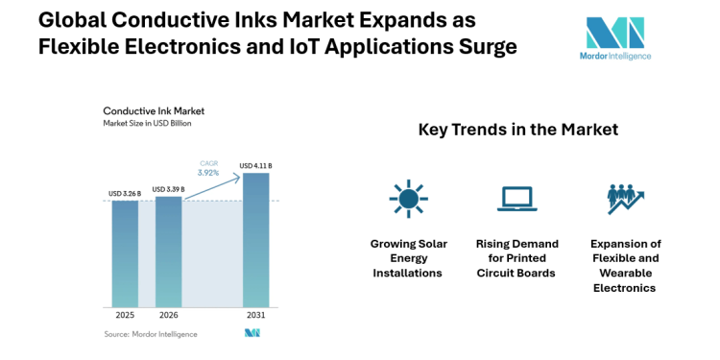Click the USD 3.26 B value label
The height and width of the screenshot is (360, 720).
pyautogui.click(x=125, y=194)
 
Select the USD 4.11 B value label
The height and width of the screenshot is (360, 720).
pyautogui.click(x=255, y=166)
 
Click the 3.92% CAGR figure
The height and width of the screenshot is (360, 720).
pyautogui.click(x=209, y=174)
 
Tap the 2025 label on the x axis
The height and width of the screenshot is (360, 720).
pyautogui.click(x=125, y=314)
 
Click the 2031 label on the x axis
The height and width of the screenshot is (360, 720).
pyautogui.click(x=255, y=314)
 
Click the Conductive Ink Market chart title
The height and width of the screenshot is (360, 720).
pyautogui.click(x=147, y=111)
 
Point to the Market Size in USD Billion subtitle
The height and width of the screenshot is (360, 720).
pyautogui.click(x=147, y=124)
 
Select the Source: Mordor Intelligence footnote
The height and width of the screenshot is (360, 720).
pyautogui.click(x=151, y=334)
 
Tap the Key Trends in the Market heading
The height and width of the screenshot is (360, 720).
pyautogui.click(x=517, y=130)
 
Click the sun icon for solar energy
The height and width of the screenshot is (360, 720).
pyautogui.click(x=407, y=199)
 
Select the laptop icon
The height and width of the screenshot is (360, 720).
pyautogui.click(x=516, y=199)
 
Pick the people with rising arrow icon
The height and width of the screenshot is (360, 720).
pyautogui.click(x=625, y=199)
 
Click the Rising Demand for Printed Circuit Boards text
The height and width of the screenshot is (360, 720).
pyautogui.click(x=516, y=258)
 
